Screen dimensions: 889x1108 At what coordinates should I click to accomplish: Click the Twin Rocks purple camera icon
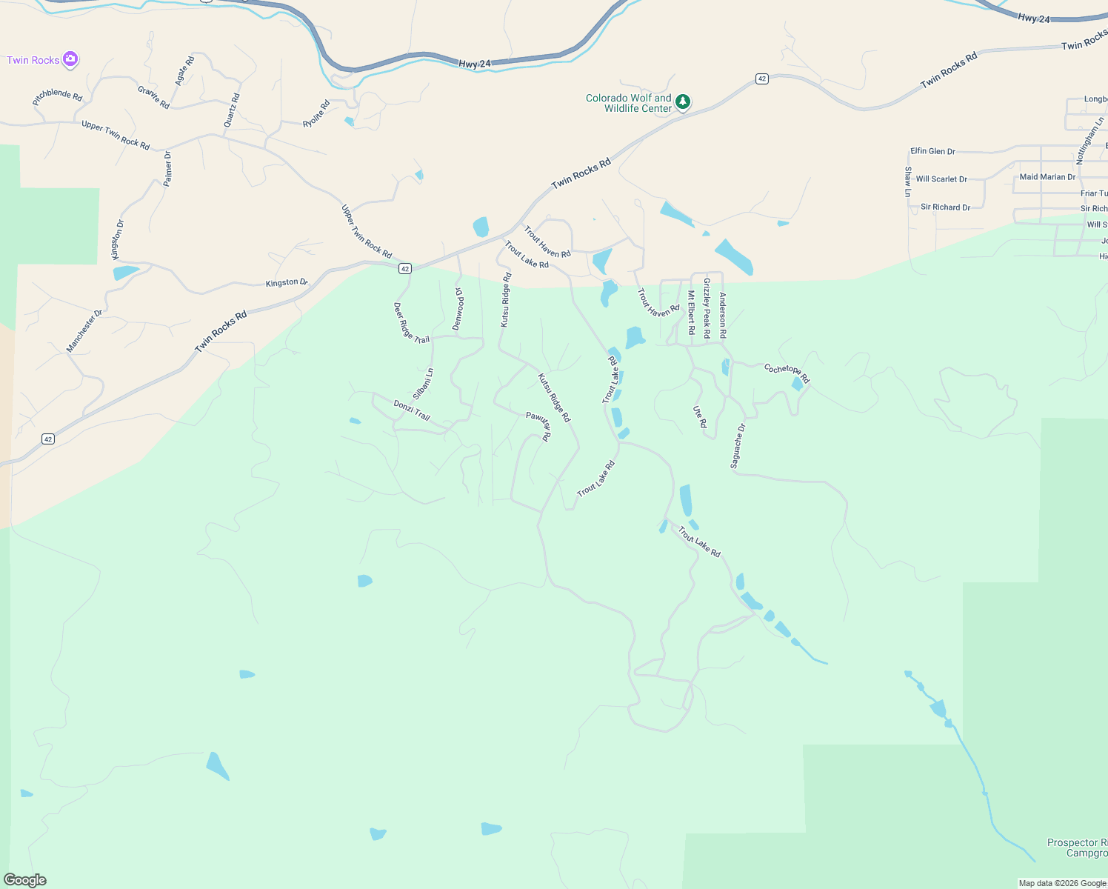(70, 59)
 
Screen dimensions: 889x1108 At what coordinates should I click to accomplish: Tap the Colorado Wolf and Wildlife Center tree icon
(682, 102)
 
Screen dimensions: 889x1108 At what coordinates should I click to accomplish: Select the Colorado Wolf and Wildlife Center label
(628, 103)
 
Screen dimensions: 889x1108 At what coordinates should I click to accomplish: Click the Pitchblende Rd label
(58, 96)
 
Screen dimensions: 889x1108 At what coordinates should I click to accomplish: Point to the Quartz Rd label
(232, 110)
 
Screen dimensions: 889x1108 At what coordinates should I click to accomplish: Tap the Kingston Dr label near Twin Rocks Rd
(287, 283)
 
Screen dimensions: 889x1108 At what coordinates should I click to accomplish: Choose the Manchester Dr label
(84, 331)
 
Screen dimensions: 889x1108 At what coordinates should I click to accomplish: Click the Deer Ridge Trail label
(411, 323)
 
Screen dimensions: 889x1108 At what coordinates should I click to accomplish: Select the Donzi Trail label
(412, 410)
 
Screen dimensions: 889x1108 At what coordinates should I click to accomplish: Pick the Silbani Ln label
(423, 384)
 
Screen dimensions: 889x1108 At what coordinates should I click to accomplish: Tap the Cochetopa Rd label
(787, 373)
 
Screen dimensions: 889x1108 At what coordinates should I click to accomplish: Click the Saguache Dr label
(738, 446)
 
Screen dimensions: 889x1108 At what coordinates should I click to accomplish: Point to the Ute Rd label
(700, 417)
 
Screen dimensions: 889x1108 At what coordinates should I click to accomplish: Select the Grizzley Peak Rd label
(707, 308)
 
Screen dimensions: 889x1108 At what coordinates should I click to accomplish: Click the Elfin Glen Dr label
(932, 151)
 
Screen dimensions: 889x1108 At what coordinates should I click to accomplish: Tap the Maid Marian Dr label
(1047, 177)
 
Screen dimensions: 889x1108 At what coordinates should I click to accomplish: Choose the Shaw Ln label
(908, 182)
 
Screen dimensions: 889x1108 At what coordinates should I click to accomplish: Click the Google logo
(25, 880)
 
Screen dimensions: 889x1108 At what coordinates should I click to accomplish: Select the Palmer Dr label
(168, 168)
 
